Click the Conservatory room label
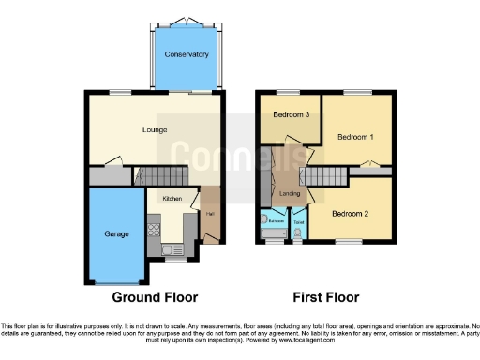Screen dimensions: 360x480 coord(187,54)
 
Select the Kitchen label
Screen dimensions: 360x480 coord(172,199)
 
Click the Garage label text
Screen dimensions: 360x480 coord(116,232)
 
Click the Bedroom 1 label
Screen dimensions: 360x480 coord(357,137)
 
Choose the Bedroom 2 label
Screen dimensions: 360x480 coord(350,213)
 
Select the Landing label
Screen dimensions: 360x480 coord(290,194)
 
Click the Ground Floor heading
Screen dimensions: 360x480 coord(156,297)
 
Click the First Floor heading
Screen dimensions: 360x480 coord(325,297)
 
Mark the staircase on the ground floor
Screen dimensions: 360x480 coord(159,176)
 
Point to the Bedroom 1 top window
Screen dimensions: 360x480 coord(357,92)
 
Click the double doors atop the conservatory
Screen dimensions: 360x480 coord(187,21)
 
